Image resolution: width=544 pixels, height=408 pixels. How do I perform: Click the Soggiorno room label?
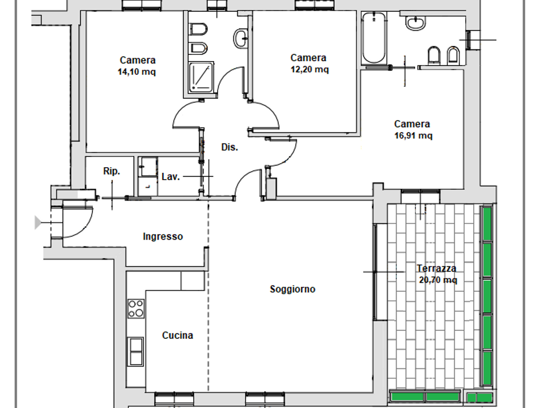(292, 289)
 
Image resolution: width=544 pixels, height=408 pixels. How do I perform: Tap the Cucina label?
(177, 335)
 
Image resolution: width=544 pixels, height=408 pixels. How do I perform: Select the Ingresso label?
(163, 236)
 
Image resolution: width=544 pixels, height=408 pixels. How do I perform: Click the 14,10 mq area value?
(137, 72)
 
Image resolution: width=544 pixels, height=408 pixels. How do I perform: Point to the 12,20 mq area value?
(309, 69)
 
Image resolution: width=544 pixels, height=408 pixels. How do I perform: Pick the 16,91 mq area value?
(413, 135)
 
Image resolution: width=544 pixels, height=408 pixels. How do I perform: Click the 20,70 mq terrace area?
(438, 279)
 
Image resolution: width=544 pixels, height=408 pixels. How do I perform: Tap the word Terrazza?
(436, 268)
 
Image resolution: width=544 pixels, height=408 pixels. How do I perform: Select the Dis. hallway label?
(229, 147)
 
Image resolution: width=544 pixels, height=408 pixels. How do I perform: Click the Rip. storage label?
(112, 171)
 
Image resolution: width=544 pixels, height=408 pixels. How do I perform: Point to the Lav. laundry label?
(171, 177)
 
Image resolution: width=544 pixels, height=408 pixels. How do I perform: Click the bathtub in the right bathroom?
(373, 37)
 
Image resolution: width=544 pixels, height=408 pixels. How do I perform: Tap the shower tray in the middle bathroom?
(201, 78)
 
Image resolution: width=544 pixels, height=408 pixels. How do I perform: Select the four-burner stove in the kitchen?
(136, 308)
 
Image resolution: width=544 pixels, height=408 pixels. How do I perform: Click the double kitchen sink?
(136, 351)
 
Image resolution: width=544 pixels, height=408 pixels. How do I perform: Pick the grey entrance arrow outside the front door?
(38, 222)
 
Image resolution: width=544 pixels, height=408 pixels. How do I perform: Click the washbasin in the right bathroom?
(415, 23)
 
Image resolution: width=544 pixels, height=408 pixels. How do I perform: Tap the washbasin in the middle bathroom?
(240, 39)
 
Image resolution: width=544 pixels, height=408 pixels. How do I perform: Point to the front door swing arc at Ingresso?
(85, 228)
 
